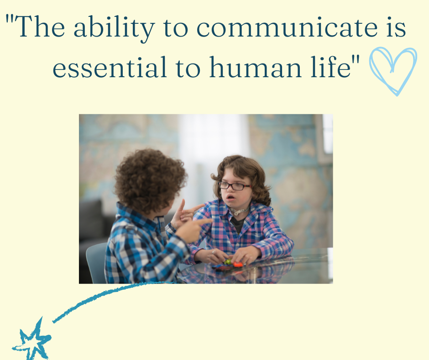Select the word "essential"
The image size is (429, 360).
110,68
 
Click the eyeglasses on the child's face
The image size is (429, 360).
234,186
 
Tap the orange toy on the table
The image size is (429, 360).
237,265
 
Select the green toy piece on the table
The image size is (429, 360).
228,262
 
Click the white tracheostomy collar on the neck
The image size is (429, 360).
240,211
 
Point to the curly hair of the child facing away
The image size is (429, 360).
150,180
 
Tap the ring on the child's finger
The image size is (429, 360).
214,252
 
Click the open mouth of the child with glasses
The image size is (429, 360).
230,197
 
